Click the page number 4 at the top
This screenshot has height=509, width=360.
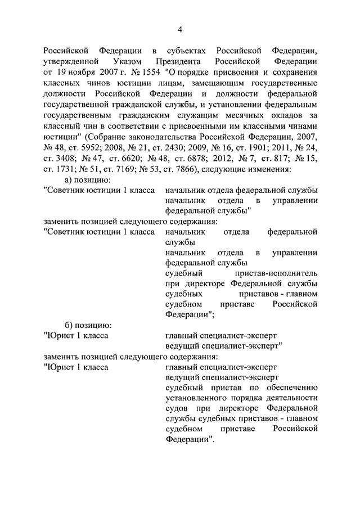point(180,29)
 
